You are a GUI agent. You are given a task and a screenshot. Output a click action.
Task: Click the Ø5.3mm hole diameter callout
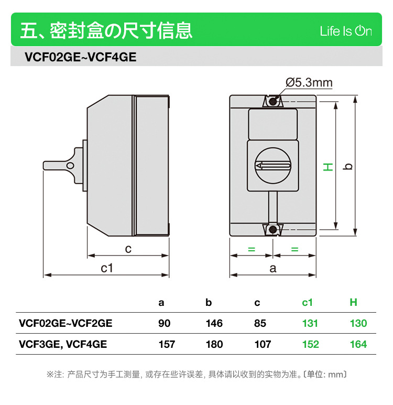pyautogui.click(x=309, y=82)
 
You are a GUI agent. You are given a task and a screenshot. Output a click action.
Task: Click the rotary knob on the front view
pyautogui.click(x=272, y=166)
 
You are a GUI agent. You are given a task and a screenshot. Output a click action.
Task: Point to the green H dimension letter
pyautogui.click(x=327, y=167)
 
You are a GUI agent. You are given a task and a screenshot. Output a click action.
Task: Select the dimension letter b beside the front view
pyautogui.click(x=347, y=166)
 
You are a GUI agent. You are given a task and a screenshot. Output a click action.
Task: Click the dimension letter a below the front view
pyautogui.click(x=272, y=269)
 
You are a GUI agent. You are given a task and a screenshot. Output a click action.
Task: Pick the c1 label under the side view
pyautogui.click(x=107, y=268)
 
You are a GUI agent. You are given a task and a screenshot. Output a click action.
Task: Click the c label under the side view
pyautogui.click(x=128, y=249)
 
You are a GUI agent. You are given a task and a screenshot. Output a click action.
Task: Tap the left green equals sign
pyautogui.click(x=251, y=249)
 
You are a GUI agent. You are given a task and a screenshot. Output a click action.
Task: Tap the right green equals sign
pyautogui.click(x=294, y=249)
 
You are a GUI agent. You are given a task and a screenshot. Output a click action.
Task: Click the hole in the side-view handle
pyautogui.click(x=70, y=166)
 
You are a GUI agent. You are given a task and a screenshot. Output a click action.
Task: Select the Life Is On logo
pyautogui.click(x=346, y=31)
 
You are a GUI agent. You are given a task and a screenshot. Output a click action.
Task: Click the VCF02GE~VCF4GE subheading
pyautogui.click(x=80, y=57)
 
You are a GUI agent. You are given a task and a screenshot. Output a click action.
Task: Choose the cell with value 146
pyautogui.click(x=214, y=323)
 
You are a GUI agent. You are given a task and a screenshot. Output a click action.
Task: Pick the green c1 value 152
pyautogui.click(x=310, y=344)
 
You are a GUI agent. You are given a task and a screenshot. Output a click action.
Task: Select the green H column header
pyautogui.click(x=353, y=302)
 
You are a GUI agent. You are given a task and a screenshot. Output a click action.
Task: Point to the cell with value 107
pyautogui.click(x=262, y=344)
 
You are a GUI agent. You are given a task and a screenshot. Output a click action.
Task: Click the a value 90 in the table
pyautogui.click(x=164, y=323)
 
